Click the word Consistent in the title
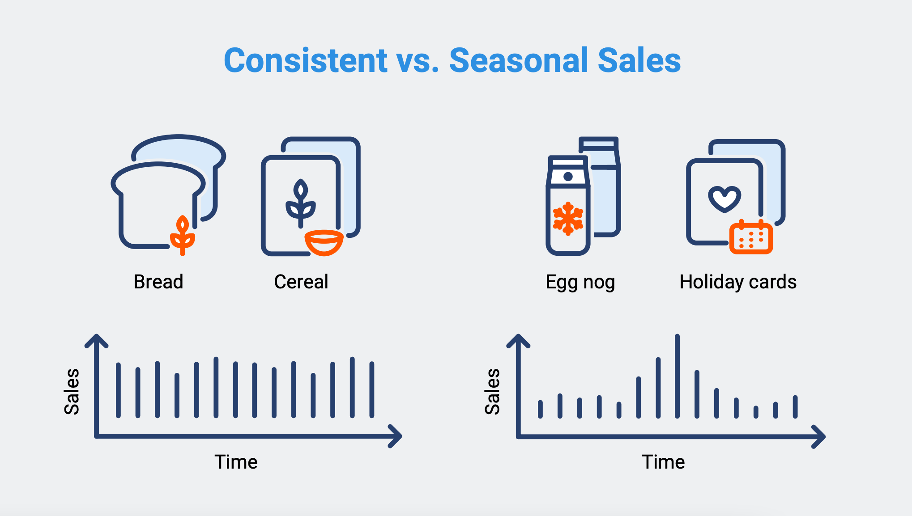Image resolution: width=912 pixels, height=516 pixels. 306,60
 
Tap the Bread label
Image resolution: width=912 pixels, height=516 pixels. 158,282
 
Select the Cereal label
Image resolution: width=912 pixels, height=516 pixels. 301,282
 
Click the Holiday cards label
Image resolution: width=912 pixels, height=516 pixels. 738,282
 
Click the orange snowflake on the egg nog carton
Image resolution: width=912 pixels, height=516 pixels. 568,219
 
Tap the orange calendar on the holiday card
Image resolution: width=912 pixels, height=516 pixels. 751,238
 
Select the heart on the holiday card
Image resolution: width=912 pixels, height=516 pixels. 724,199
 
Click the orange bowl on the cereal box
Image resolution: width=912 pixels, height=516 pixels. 324,242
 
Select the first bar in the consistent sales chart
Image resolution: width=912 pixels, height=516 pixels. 118,390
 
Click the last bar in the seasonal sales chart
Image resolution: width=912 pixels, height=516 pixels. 795,406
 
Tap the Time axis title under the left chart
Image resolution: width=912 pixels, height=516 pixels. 236,462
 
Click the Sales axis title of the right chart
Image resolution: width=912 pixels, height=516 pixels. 492,392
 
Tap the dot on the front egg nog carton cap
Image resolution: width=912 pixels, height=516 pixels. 568,177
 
